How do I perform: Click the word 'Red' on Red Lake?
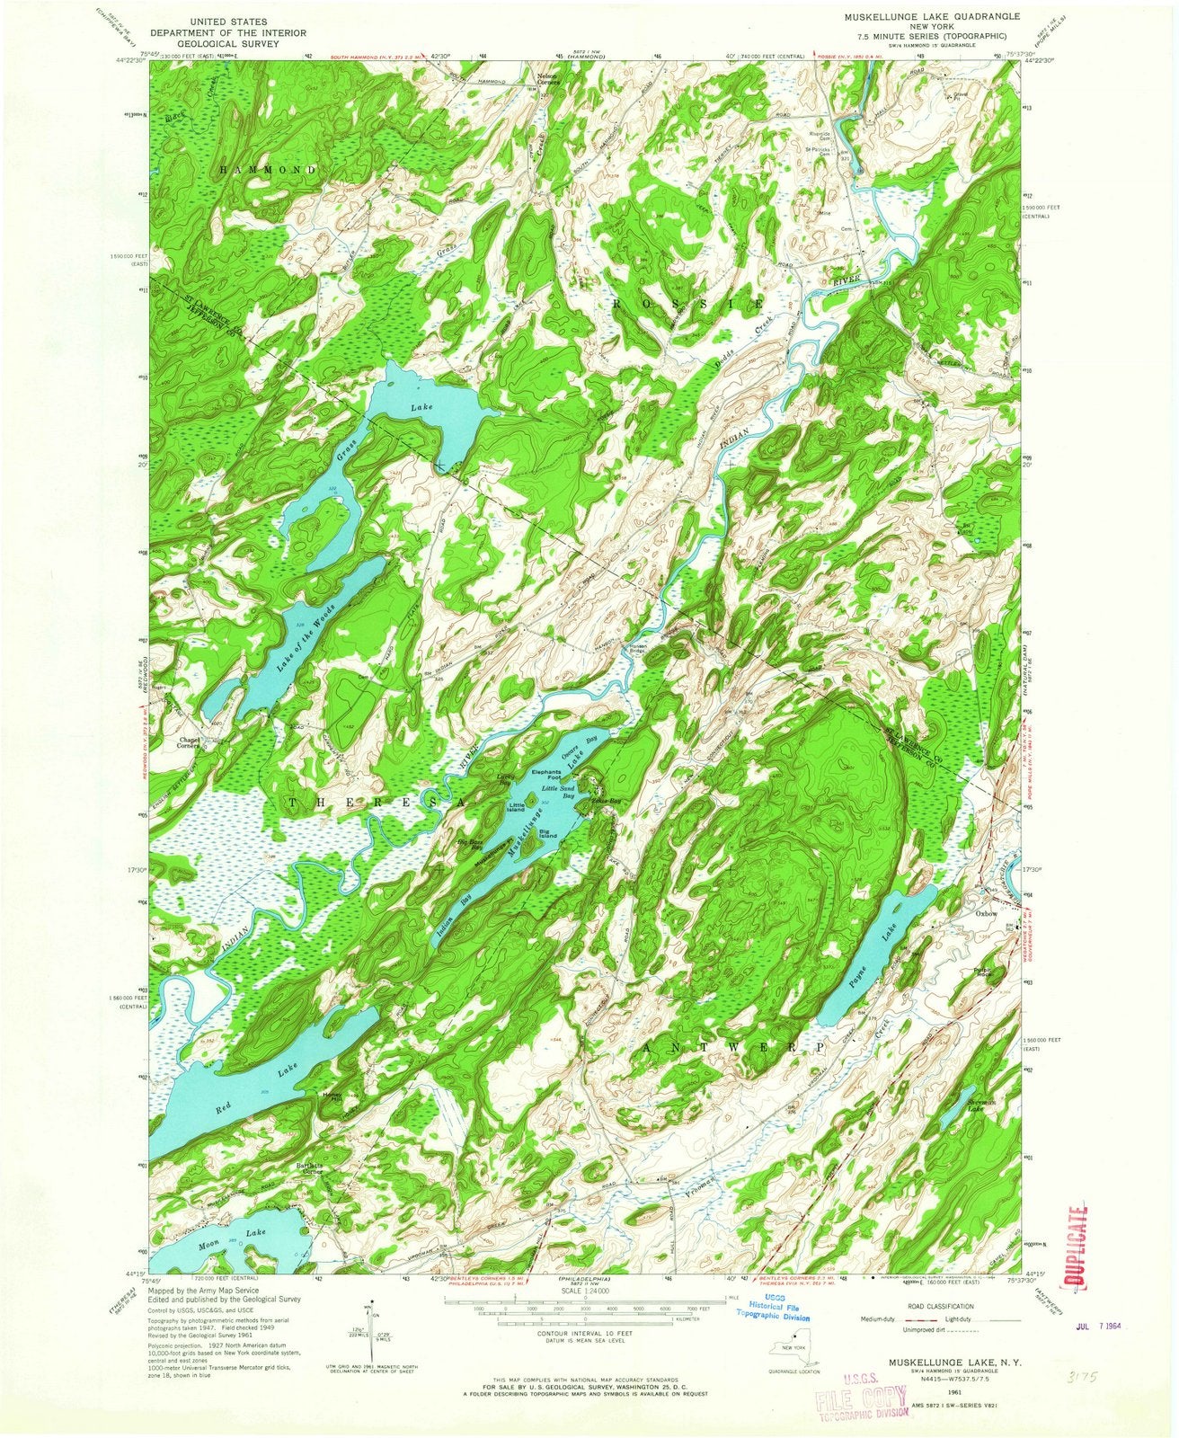pos(226,1110)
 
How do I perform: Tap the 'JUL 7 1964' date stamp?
pos(1107,1326)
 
